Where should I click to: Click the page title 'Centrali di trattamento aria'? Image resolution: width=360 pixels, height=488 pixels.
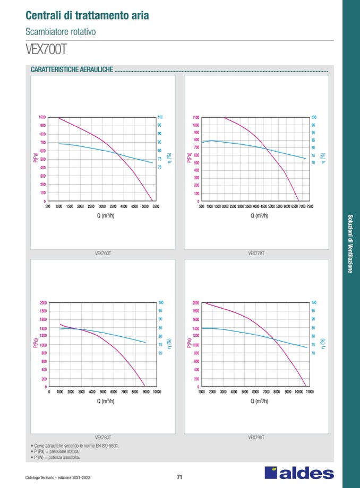pyautogui.click(x=88, y=15)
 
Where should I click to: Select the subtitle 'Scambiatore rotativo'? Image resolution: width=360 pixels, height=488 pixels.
pyautogui.click(x=61, y=32)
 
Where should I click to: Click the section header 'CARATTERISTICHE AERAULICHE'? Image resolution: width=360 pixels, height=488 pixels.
pyautogui.click(x=72, y=70)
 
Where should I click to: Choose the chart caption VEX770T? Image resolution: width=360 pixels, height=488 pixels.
pyautogui.click(x=256, y=254)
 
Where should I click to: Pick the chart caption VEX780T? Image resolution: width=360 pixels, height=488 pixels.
pyautogui.click(x=102, y=438)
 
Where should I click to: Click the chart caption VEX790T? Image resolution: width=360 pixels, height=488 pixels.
pyautogui.click(x=256, y=438)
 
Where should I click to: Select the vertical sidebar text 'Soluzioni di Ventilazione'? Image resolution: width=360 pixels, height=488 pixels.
pyautogui.click(x=350, y=243)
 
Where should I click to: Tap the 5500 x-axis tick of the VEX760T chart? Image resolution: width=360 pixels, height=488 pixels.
pyautogui.click(x=156, y=206)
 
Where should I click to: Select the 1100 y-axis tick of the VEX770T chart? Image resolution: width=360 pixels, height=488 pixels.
pyautogui.click(x=195, y=117)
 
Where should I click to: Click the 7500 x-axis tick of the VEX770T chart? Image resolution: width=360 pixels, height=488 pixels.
pyautogui.click(x=310, y=206)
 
